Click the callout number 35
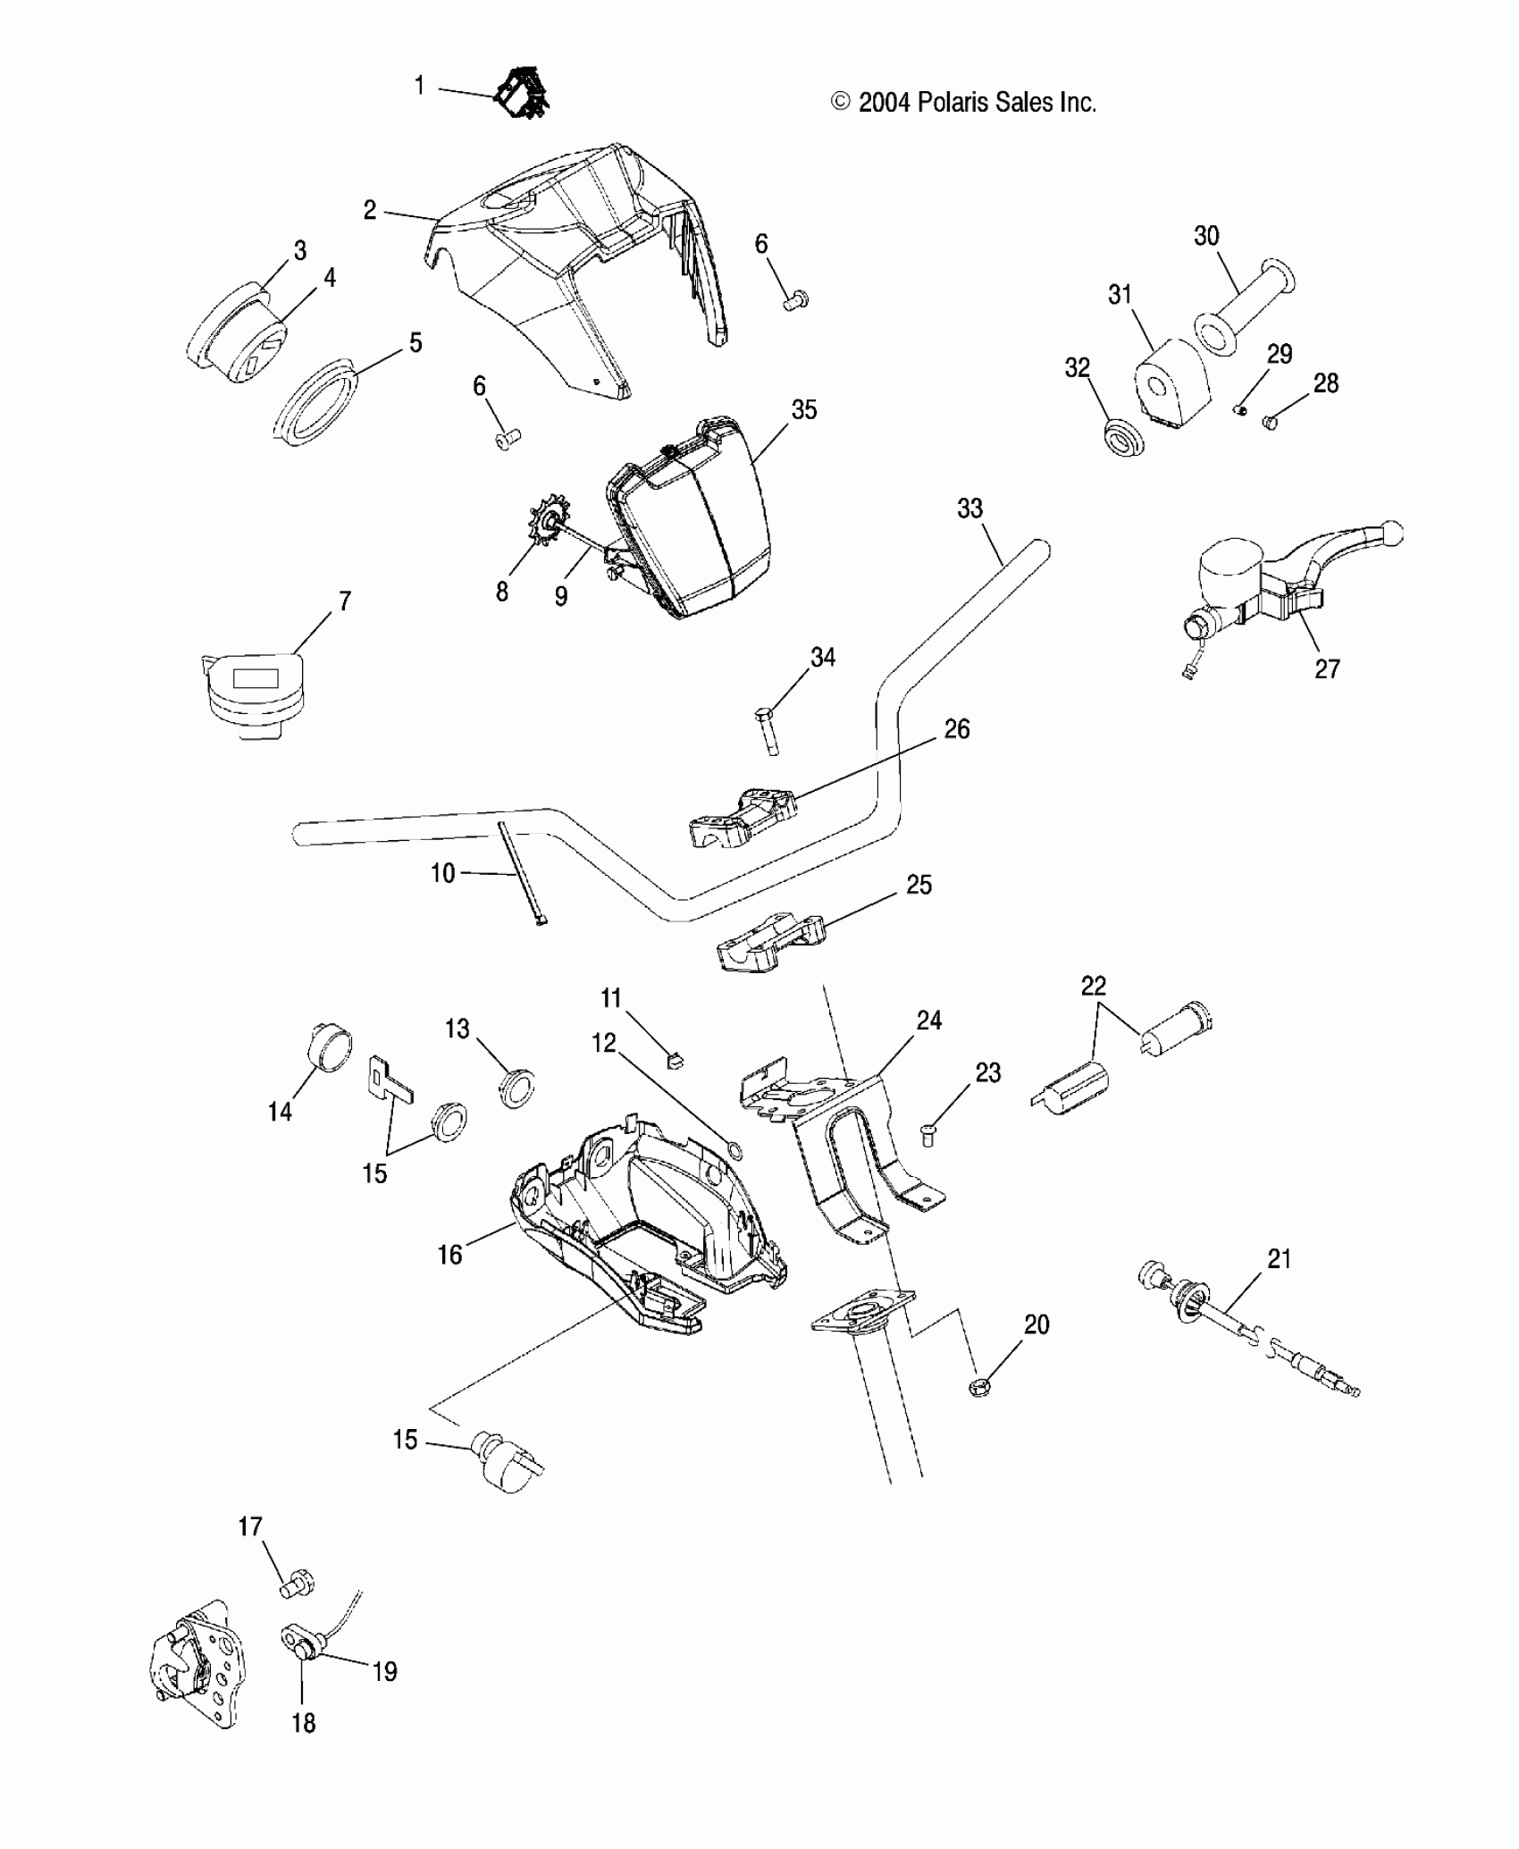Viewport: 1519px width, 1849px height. (x=804, y=410)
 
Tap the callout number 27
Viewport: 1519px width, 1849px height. (x=1327, y=668)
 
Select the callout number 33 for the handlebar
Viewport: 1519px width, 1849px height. (x=969, y=508)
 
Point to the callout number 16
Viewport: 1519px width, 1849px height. (x=449, y=1255)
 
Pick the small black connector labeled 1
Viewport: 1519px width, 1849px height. (x=524, y=93)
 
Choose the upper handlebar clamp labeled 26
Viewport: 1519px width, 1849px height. (x=743, y=818)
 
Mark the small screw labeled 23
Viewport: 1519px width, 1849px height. (x=927, y=1134)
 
